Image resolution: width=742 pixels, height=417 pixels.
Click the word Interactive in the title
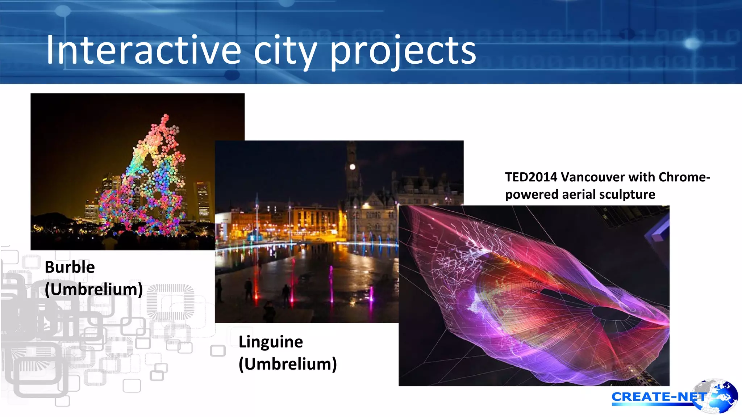coord(143,51)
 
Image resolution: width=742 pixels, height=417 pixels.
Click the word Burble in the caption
coord(70,267)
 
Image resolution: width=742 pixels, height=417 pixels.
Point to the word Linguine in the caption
coord(271,342)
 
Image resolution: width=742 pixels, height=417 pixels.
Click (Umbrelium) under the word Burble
coord(94,289)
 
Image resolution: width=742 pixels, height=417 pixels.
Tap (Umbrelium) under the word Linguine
coord(288,364)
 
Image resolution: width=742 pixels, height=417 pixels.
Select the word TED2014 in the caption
coord(531,177)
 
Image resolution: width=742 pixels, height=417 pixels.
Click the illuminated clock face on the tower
coord(352,167)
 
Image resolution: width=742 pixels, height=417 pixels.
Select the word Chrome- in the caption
coord(684,177)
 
